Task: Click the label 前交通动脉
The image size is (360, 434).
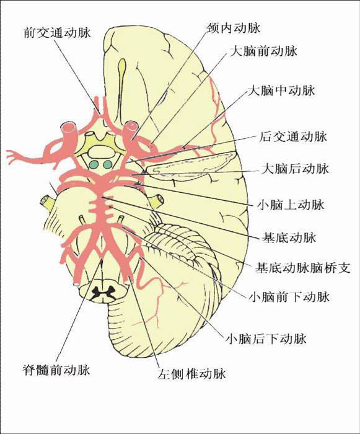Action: point(57,33)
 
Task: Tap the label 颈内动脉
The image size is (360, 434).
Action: point(234,29)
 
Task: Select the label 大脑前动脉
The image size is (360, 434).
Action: point(263,51)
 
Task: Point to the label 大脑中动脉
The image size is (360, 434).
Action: point(281,91)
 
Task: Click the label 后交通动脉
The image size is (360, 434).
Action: point(293,137)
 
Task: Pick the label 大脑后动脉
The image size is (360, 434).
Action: point(295,169)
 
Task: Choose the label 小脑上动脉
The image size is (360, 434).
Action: point(291,205)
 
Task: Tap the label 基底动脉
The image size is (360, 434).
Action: point(289,237)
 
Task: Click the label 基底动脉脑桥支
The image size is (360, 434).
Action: point(303,268)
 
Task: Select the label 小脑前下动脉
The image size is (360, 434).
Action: point(289,297)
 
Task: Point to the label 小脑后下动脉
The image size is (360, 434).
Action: point(266,339)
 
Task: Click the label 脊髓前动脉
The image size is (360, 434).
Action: point(56,370)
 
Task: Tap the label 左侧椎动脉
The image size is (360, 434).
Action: point(191,374)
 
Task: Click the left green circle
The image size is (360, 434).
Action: point(94,165)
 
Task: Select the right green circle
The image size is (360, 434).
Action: point(107,165)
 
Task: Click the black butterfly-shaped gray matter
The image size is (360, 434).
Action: point(103,293)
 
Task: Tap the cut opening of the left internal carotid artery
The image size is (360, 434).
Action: point(68,128)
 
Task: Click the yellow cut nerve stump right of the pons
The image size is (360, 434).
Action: point(156,199)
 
